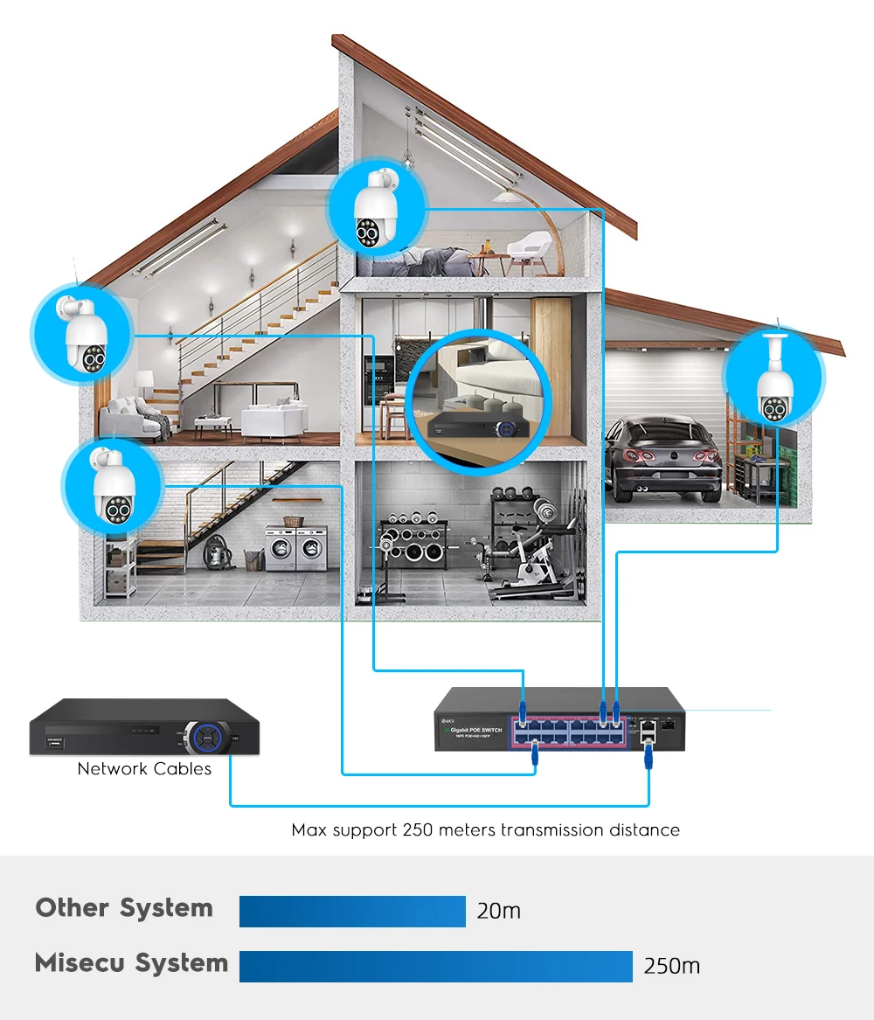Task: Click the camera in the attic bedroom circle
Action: [376, 210]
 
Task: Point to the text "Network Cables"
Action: [144, 769]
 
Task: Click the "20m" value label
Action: [499, 911]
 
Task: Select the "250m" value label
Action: [671, 966]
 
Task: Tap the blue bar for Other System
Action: [352, 911]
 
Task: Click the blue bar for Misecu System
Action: [435, 966]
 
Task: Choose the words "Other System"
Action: [124, 908]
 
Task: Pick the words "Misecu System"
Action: [131, 963]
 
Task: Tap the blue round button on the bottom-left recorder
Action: [207, 735]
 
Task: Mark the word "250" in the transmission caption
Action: [416, 829]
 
